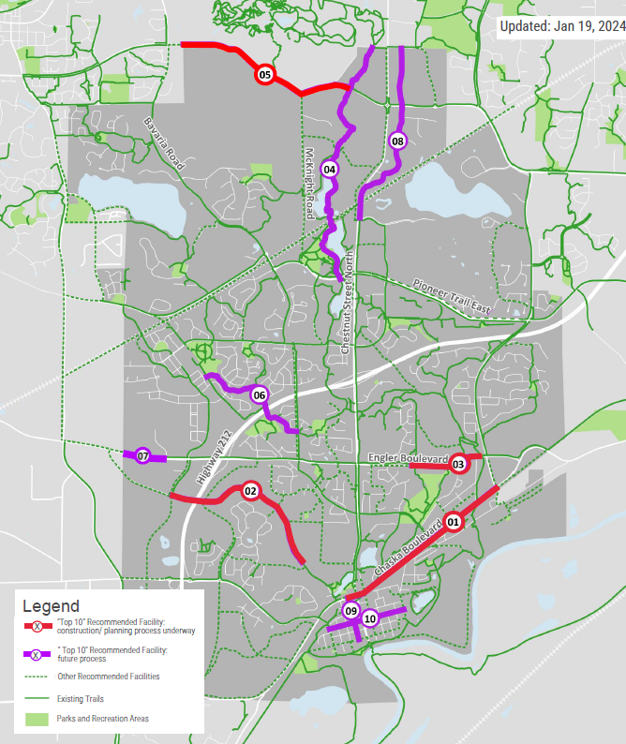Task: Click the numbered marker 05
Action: tap(264, 74)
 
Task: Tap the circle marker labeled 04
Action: tap(329, 170)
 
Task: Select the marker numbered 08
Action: tap(397, 141)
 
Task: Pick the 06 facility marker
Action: tap(260, 395)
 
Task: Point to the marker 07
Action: tap(142, 456)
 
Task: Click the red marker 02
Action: tap(250, 490)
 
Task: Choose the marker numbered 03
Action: tap(458, 463)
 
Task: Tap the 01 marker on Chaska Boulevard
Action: tap(453, 521)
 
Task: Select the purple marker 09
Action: tap(351, 611)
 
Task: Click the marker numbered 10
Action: tap(370, 618)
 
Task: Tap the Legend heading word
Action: tap(51, 606)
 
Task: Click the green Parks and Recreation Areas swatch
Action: tap(37, 719)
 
